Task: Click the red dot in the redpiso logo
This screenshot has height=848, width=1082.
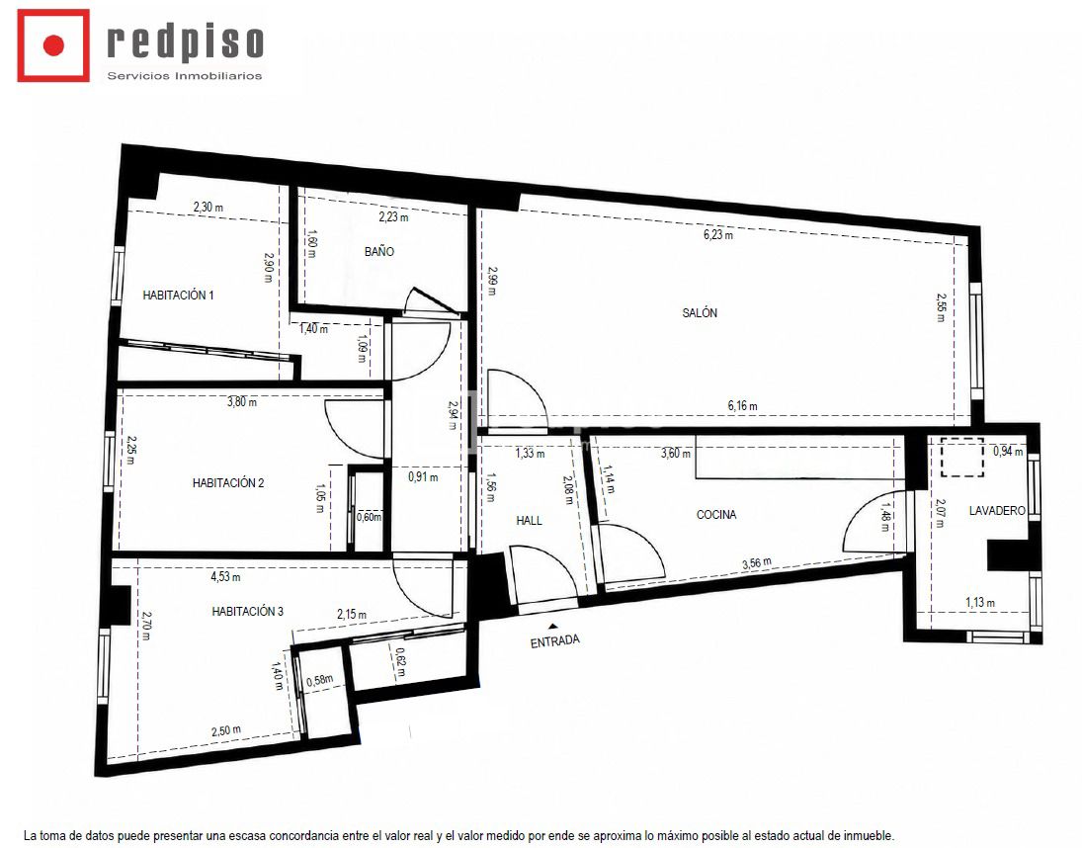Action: pyautogui.click(x=53, y=45)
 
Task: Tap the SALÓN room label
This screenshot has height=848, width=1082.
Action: pyautogui.click(x=700, y=312)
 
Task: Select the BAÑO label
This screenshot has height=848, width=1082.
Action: pyautogui.click(x=378, y=252)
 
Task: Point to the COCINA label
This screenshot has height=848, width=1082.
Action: pyautogui.click(x=716, y=514)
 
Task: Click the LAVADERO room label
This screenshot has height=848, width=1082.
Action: pyautogui.click(x=997, y=511)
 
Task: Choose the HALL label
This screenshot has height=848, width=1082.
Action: pyautogui.click(x=530, y=520)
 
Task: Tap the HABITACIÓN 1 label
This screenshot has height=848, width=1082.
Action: pyautogui.click(x=178, y=296)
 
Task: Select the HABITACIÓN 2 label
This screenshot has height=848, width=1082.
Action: pyautogui.click(x=228, y=483)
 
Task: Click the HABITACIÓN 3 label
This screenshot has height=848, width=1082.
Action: pyautogui.click(x=248, y=612)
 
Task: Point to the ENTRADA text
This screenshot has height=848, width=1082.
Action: pyautogui.click(x=554, y=641)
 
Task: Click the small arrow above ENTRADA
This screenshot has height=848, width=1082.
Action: pyautogui.click(x=552, y=626)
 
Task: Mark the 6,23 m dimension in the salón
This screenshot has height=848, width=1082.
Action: pyautogui.click(x=718, y=234)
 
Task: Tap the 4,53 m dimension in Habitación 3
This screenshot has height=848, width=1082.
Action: pyautogui.click(x=225, y=576)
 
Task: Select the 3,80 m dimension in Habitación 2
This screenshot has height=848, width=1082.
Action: pyautogui.click(x=242, y=401)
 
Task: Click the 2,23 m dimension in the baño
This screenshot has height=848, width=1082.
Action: pyautogui.click(x=393, y=216)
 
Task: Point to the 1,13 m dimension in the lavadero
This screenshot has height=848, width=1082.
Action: pyautogui.click(x=980, y=602)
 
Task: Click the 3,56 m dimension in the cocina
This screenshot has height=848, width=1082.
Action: pyautogui.click(x=757, y=563)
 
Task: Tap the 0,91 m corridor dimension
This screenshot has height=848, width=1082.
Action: pyautogui.click(x=423, y=476)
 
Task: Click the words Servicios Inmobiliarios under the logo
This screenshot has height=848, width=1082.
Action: pyautogui.click(x=185, y=76)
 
